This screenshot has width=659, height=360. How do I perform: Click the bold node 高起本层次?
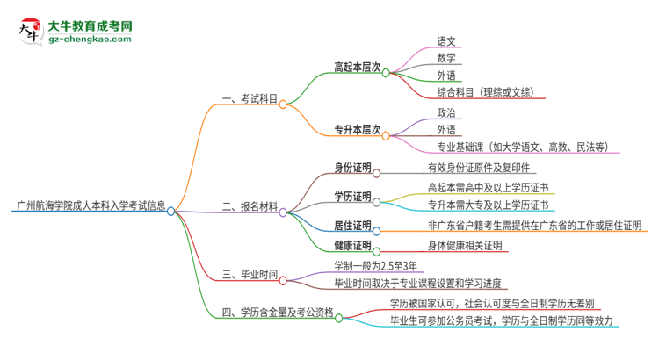point(357,67)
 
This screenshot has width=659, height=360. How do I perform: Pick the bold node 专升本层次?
point(357,129)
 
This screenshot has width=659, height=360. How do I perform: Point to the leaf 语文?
point(446,40)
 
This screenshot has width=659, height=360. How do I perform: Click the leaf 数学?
point(446,58)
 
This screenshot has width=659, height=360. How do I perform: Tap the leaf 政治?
point(446,112)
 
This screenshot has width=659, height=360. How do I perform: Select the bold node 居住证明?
point(352,225)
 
